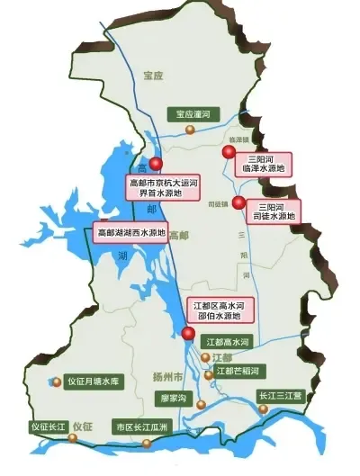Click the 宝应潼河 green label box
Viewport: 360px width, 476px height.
pos(193,114)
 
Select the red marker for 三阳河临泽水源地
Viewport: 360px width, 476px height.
pos(228,154)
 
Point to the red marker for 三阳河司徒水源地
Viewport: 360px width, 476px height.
pos(238,202)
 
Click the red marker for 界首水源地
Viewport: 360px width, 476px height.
pos(156,165)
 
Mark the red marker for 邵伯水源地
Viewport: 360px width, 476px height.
pos(187,334)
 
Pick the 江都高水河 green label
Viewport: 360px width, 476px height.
pos(226,342)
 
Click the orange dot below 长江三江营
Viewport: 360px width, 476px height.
pos(263,409)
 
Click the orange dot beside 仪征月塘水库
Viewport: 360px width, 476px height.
pos(57,382)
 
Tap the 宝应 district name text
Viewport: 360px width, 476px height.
pos(155,76)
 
